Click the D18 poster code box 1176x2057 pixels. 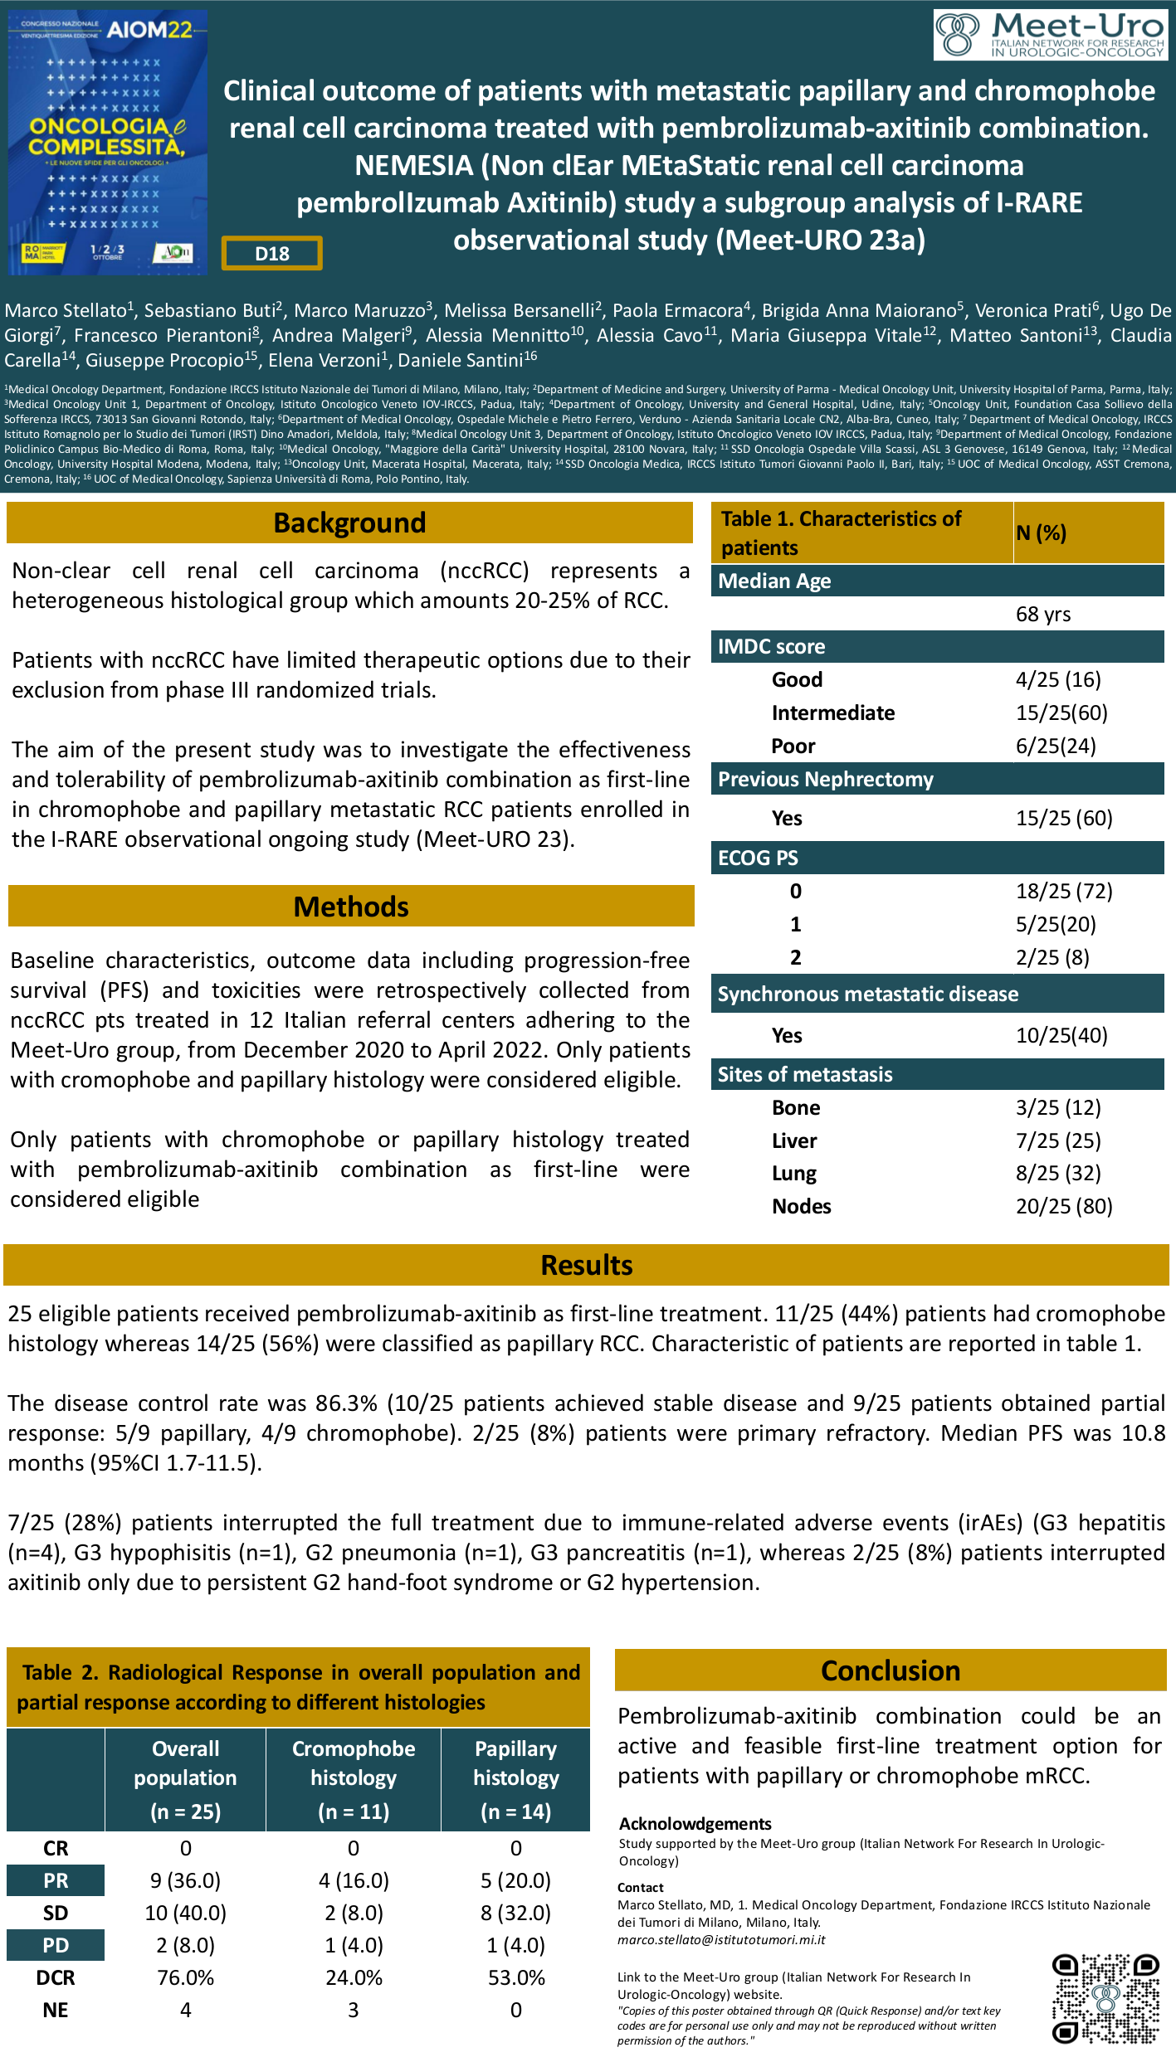click(271, 254)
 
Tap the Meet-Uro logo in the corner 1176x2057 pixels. click(1050, 35)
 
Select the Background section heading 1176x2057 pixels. click(349, 523)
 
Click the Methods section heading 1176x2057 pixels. click(351, 907)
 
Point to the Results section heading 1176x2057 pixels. click(586, 1265)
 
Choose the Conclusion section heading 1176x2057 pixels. click(891, 1670)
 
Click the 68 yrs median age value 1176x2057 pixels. click(1043, 615)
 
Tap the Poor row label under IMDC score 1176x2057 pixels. click(793, 746)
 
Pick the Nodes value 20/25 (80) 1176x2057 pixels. click(1064, 1206)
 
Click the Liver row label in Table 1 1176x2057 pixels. click(794, 1140)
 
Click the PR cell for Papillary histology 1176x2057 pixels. click(515, 1880)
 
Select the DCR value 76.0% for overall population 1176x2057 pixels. click(186, 1977)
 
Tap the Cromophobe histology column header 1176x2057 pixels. click(354, 1779)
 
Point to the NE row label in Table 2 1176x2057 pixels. click(56, 2010)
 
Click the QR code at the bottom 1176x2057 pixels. click(1105, 1998)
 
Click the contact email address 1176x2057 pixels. click(721, 1939)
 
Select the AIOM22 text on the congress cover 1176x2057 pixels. click(149, 30)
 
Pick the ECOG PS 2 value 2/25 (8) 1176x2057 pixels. click(1052, 957)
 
